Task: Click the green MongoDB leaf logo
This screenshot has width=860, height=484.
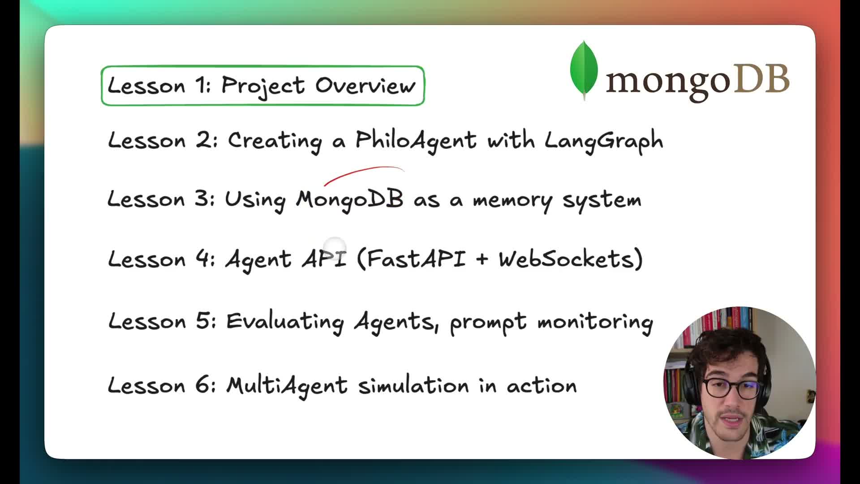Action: point(584,69)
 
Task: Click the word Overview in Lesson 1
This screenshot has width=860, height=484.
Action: point(365,85)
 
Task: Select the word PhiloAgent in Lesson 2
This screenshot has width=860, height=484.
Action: point(416,140)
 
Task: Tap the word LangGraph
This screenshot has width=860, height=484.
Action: point(604,141)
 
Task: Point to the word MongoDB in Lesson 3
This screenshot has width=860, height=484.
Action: point(350,200)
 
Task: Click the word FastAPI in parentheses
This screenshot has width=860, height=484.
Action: point(416,259)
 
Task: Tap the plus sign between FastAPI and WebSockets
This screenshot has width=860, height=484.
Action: point(482,259)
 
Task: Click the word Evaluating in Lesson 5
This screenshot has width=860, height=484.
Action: point(285,322)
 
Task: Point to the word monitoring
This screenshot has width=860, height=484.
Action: point(595,322)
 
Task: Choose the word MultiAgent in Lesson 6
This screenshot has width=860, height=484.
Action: point(287,385)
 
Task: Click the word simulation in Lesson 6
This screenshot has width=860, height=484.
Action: point(413,385)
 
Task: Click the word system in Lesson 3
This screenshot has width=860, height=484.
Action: point(602,201)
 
